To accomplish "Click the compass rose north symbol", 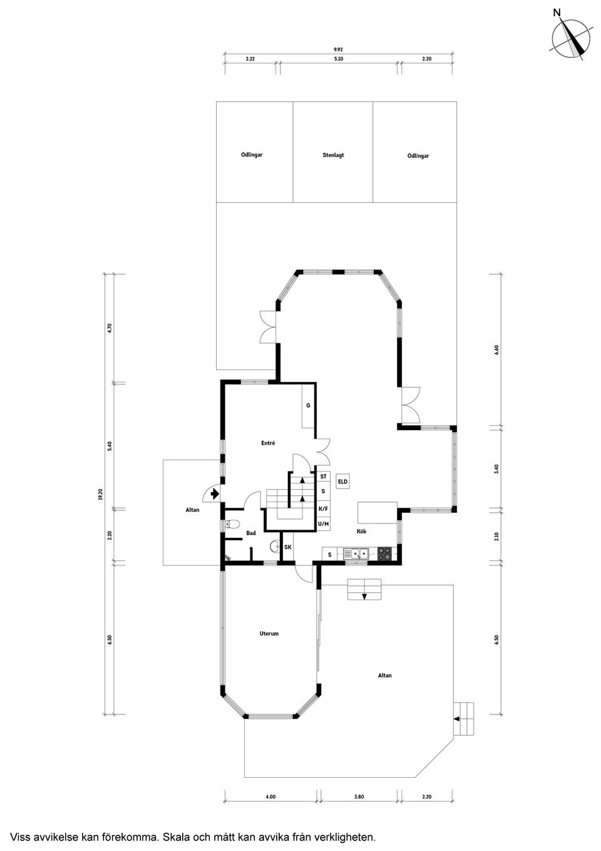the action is (x=571, y=39).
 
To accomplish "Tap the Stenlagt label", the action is (x=333, y=155).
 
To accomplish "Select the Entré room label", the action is (x=268, y=443).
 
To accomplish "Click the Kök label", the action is (x=361, y=531).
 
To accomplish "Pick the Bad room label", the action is (x=251, y=533).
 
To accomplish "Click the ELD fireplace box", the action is (x=342, y=482).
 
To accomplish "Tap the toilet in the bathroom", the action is (x=232, y=525).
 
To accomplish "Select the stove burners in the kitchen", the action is (x=384, y=554).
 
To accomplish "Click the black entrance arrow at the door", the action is (x=215, y=494).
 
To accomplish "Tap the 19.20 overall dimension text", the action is (x=100, y=494).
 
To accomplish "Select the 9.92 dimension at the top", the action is (x=338, y=49).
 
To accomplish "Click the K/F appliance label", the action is (x=323, y=508).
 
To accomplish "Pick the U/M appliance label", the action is (x=323, y=524).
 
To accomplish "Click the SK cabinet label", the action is (x=287, y=547).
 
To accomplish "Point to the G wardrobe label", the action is (x=308, y=405).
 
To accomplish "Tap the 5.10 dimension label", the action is (x=338, y=59).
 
